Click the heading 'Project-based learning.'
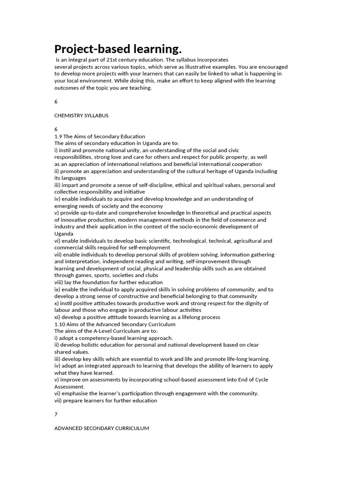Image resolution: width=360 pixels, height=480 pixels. (118, 49)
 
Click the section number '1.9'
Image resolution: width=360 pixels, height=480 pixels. (59, 136)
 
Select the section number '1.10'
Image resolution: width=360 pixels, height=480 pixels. (60, 324)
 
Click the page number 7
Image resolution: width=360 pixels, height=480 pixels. (56, 414)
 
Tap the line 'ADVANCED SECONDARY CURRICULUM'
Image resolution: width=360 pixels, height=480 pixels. (102, 428)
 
